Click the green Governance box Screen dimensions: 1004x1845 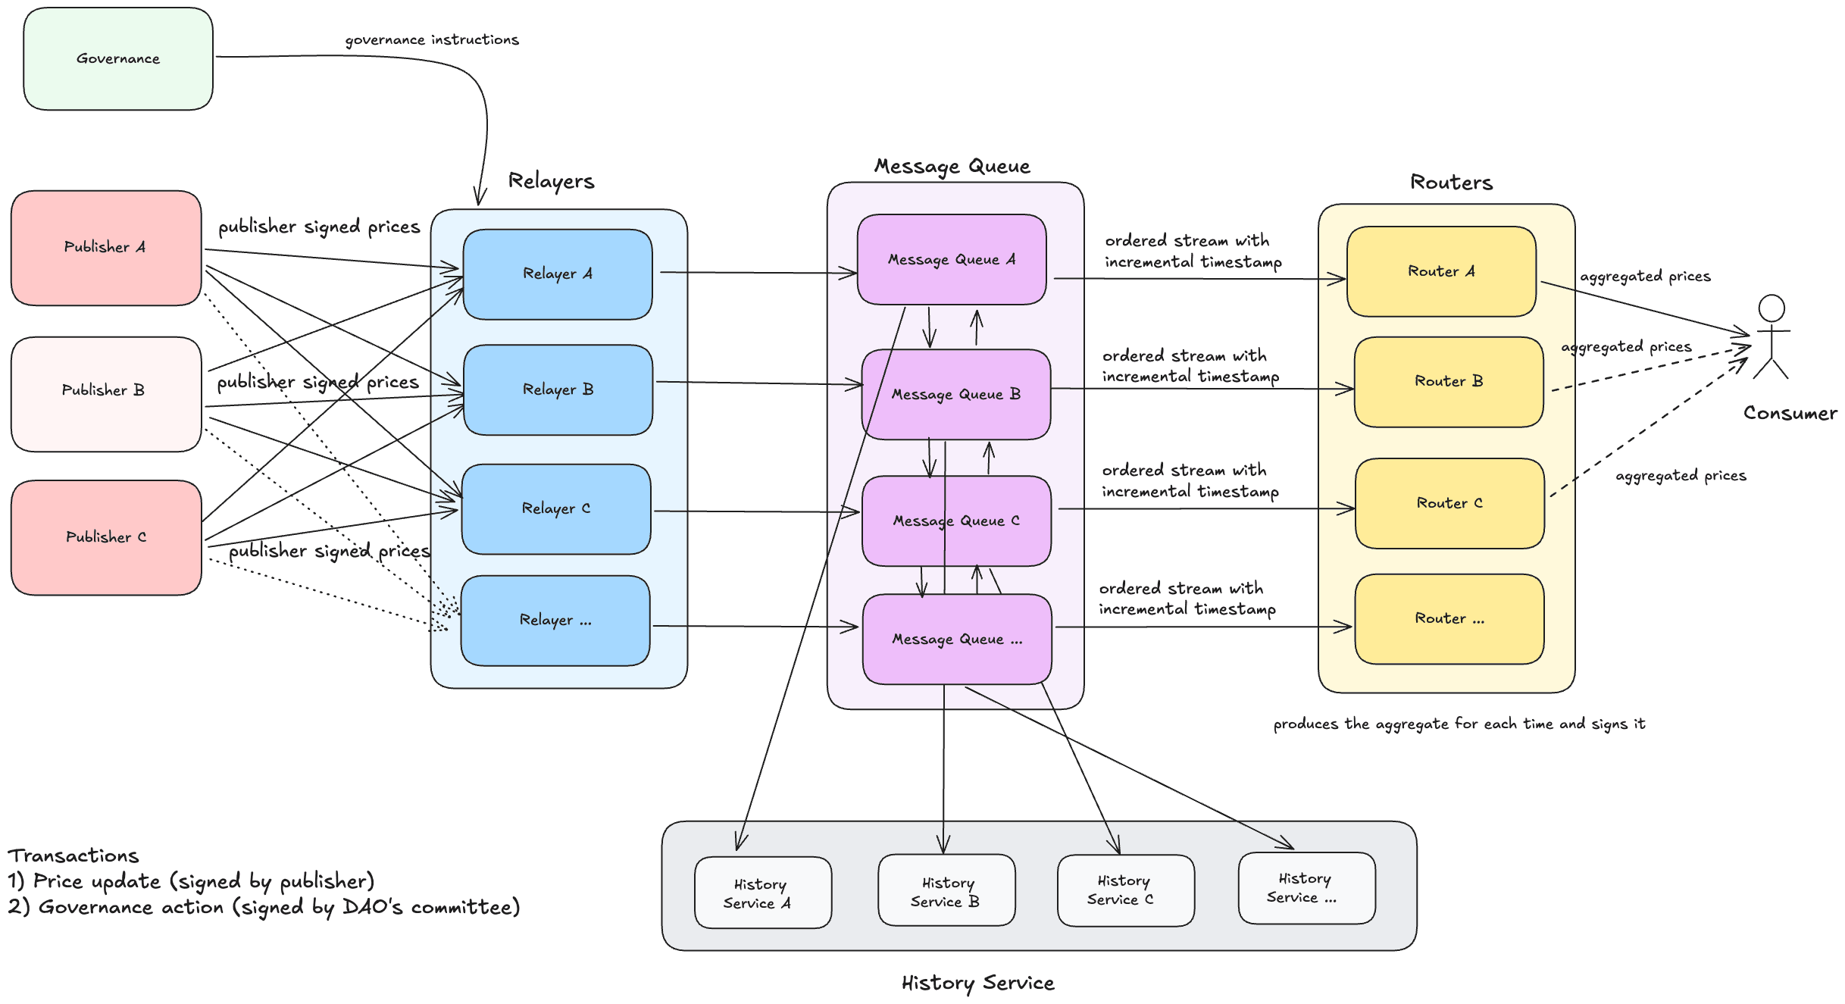(x=118, y=59)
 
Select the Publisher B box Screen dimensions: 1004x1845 (x=106, y=394)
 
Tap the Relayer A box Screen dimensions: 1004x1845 (x=558, y=274)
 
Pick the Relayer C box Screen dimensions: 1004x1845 (x=556, y=508)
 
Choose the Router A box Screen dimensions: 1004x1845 (x=1441, y=271)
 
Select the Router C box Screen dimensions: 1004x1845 (x=1449, y=503)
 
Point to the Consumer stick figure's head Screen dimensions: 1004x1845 (x=1772, y=308)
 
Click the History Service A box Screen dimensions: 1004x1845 (x=762, y=893)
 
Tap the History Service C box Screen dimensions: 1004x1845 (x=1125, y=890)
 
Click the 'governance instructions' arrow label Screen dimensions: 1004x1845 (x=432, y=39)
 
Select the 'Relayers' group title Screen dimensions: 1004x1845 (x=551, y=181)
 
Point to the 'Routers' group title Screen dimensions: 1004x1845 (x=1451, y=183)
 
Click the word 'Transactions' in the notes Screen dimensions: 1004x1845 (x=73, y=855)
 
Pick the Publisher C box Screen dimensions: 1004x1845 (x=106, y=537)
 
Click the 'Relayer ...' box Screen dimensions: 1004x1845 (x=555, y=620)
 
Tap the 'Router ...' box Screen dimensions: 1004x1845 (x=1449, y=618)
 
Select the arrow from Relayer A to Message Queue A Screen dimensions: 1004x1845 (x=758, y=273)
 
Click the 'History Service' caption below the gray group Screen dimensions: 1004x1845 (x=977, y=983)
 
